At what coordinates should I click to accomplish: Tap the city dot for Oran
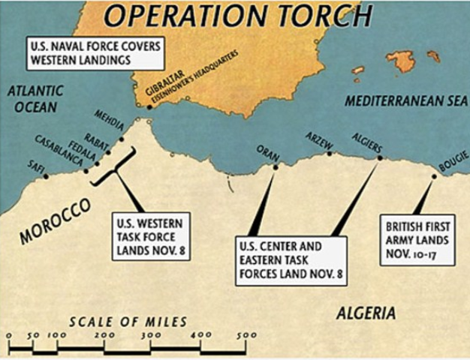click(275, 166)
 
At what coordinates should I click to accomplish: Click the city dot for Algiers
click(379, 158)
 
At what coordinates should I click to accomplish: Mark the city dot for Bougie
click(434, 177)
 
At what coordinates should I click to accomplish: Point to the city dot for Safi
click(46, 177)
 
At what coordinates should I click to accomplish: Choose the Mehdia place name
click(108, 120)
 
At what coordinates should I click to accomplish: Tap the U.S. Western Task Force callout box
click(152, 235)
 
